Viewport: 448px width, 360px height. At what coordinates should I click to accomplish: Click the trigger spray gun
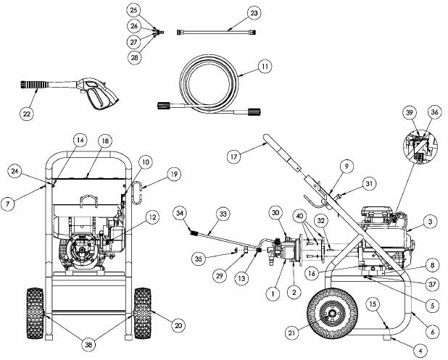tap(67, 90)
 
